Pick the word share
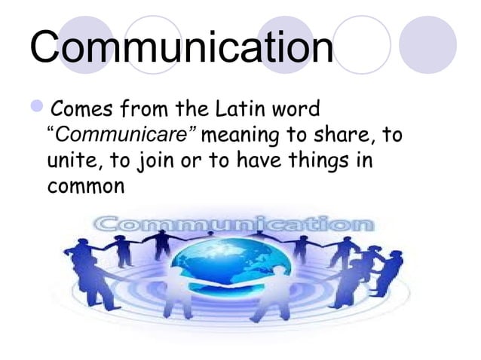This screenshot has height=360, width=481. [x=346, y=139]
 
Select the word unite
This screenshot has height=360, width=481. [x=71, y=162]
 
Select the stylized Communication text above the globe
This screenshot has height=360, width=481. [x=234, y=224]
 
